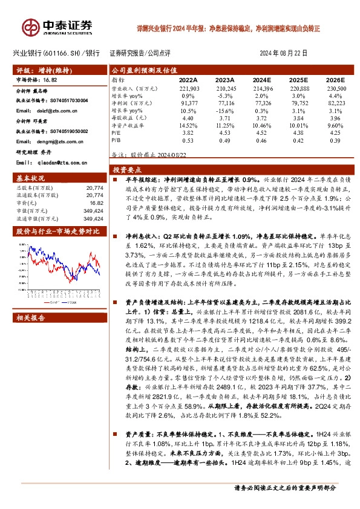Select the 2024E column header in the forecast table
(261, 80)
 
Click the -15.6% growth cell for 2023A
(224, 111)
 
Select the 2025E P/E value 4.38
(297, 132)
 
